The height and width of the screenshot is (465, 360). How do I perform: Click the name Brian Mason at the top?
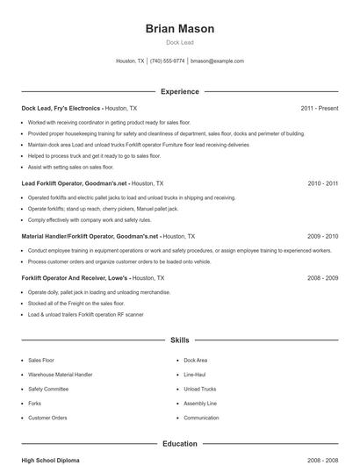tap(179, 29)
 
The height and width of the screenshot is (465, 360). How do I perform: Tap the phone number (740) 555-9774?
tap(167, 61)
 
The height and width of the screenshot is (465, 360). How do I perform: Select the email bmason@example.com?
tap(217, 61)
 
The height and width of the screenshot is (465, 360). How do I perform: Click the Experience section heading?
tap(179, 91)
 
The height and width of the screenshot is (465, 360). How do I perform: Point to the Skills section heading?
tap(179, 340)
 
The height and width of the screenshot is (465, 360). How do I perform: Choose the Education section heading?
tap(179, 444)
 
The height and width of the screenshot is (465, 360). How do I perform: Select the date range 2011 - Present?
tap(319, 108)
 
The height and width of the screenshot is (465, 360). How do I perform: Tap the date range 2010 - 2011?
tap(322, 183)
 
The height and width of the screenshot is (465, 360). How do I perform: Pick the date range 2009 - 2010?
tap(322, 236)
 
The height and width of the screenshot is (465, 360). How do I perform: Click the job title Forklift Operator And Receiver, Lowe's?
tap(74, 277)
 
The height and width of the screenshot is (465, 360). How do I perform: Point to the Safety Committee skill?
tap(48, 389)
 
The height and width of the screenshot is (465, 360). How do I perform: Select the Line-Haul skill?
tap(196, 375)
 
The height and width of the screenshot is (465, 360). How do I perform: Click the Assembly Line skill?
tap(200, 404)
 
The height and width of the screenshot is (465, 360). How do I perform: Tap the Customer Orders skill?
tap(47, 418)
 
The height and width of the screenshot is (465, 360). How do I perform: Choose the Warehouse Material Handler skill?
tap(60, 375)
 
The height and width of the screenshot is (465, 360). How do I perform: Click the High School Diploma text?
tap(51, 460)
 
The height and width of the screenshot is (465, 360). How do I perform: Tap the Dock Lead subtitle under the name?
tap(179, 42)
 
